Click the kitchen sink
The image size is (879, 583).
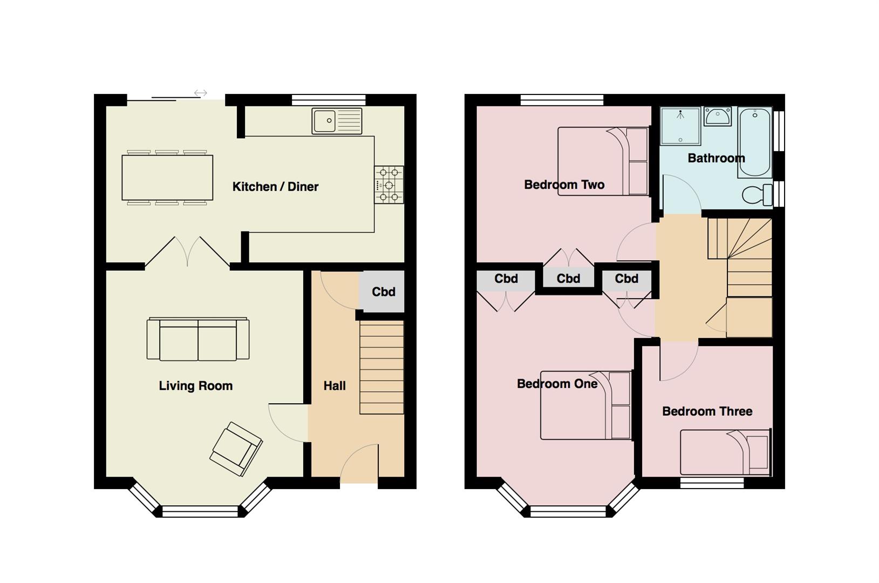(337, 121)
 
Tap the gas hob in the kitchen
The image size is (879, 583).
(389, 185)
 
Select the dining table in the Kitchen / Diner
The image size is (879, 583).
(168, 178)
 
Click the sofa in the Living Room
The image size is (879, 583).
(198, 339)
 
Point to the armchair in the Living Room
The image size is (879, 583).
(236, 449)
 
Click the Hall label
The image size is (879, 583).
(335, 385)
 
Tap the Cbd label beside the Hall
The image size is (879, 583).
(384, 291)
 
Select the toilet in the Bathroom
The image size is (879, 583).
(758, 195)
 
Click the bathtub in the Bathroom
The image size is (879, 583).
(755, 143)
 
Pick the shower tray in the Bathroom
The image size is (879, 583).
(680, 126)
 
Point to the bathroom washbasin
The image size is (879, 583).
(717, 117)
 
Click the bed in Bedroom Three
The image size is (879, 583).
(726, 452)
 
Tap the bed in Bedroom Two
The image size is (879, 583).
(603, 161)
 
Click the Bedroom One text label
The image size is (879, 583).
(557, 384)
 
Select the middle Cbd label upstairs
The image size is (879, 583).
(568, 279)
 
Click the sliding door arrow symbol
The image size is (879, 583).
(201, 93)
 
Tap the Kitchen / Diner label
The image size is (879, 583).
(276, 186)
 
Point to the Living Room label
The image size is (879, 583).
(195, 385)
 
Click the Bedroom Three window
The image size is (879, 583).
(712, 483)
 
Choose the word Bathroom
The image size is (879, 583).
(716, 158)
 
